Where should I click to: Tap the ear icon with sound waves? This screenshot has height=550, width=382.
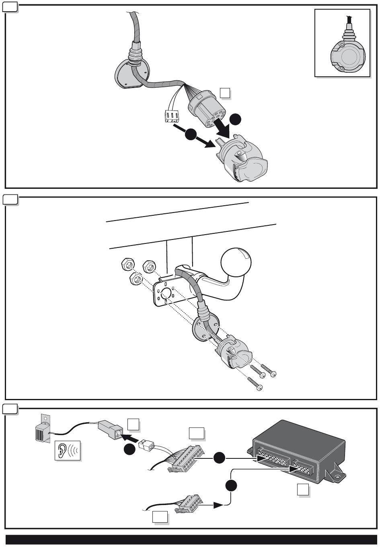[68, 450]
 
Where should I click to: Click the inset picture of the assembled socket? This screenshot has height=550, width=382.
[342, 43]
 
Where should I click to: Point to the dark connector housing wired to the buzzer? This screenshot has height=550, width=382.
[109, 429]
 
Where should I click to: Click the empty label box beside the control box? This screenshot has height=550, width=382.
[303, 490]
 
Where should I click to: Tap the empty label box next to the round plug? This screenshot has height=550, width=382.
[226, 93]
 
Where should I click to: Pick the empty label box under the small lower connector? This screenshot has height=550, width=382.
[160, 517]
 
